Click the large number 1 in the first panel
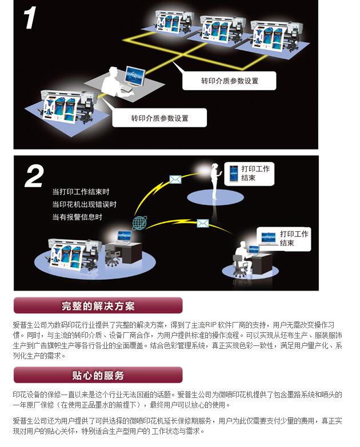pos(30,17)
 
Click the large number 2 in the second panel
pos(34,176)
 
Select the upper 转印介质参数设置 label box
pos(229,81)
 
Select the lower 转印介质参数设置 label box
pos(159,119)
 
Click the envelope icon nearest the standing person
pos(175,179)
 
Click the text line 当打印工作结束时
pos(81,192)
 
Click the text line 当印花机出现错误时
pos(84,204)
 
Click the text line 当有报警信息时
pos(77,217)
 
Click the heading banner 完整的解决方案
pos(98,306)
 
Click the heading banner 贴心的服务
pos(98,376)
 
